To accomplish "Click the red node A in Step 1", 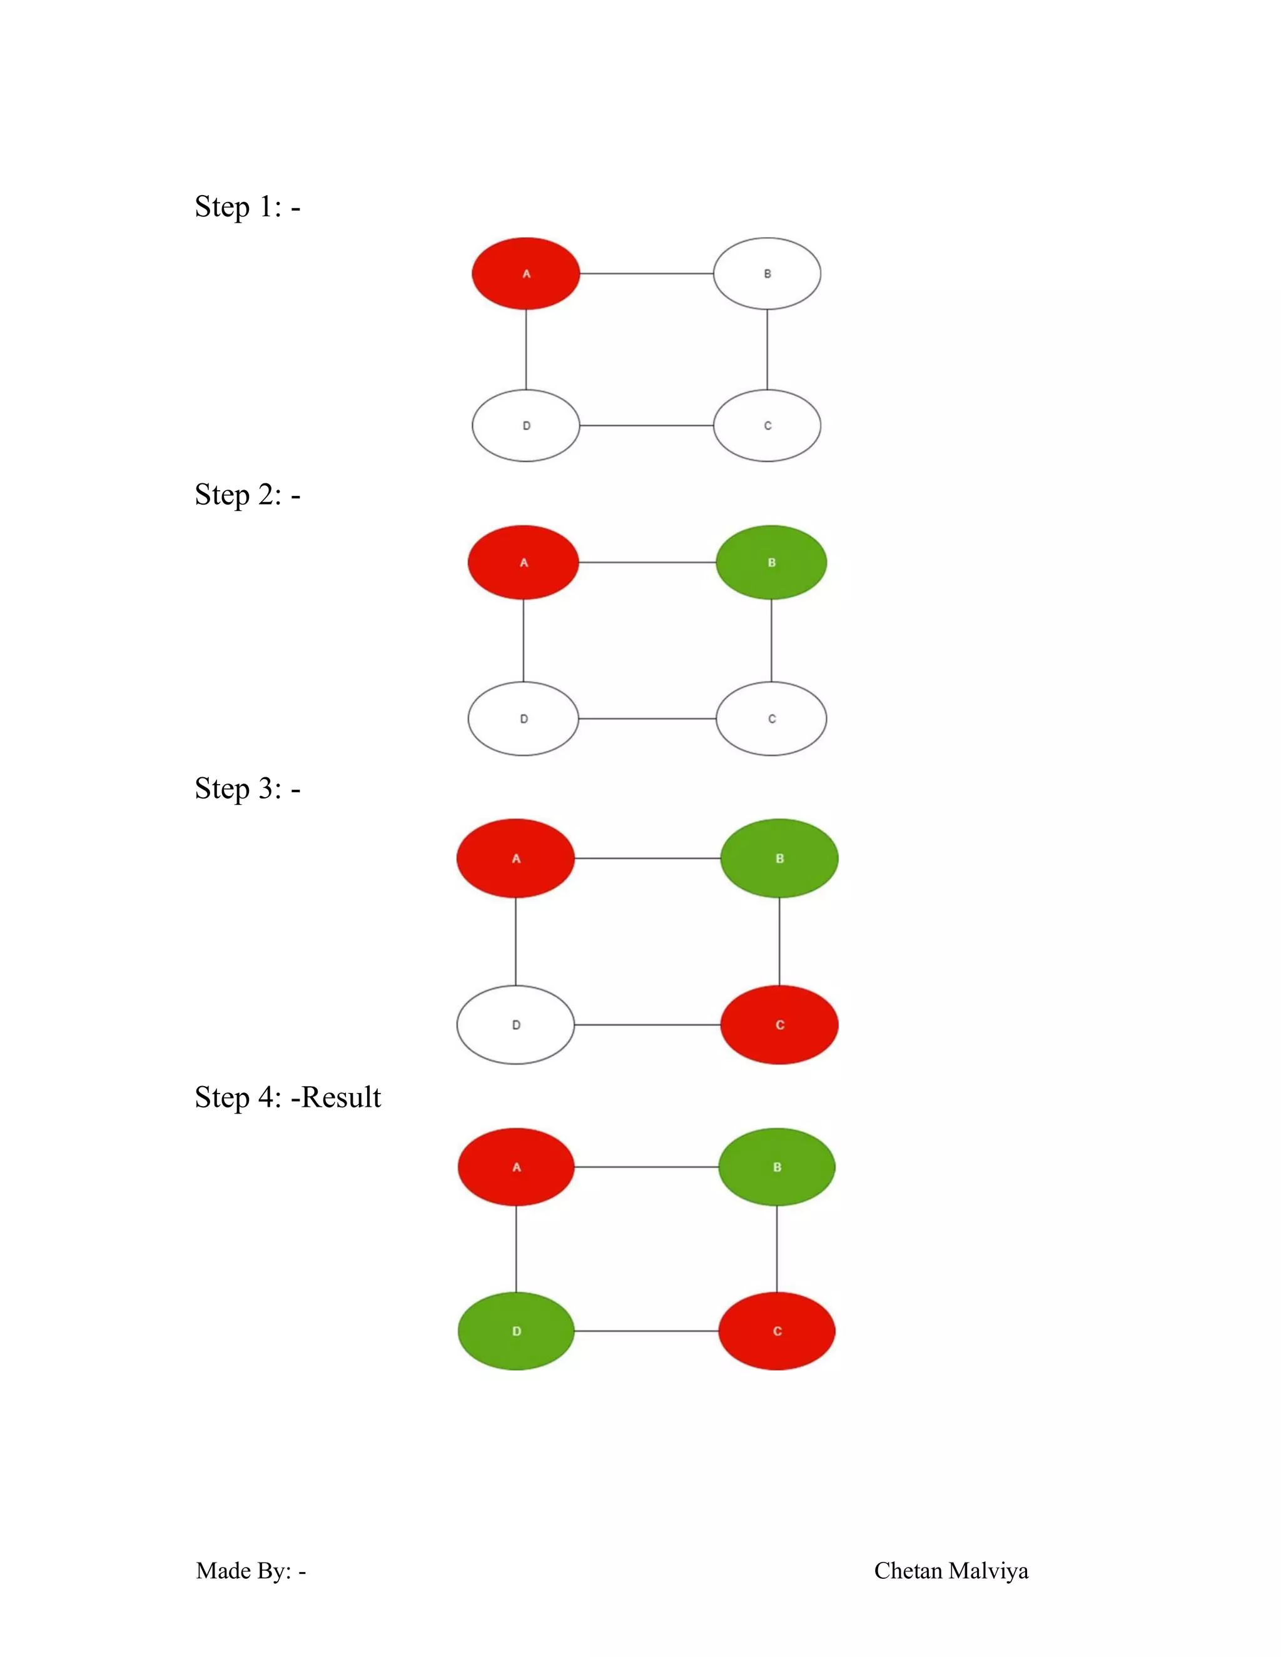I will [x=525, y=273].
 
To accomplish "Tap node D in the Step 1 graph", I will [x=525, y=426].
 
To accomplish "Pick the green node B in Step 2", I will [x=771, y=562].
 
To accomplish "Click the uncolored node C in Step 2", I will [x=771, y=718].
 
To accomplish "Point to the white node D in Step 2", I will [x=523, y=718].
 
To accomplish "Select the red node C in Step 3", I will [x=779, y=1025].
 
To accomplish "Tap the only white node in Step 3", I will [x=515, y=1025].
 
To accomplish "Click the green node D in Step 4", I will [x=516, y=1331].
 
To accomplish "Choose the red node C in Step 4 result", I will [x=776, y=1331].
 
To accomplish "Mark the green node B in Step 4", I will [x=776, y=1167].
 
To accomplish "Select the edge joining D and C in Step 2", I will [x=647, y=718].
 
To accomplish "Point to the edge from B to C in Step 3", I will [x=779, y=941].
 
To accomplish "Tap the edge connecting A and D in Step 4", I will [x=516, y=1249].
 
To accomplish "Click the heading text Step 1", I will [x=246, y=206].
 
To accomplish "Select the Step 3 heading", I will [x=246, y=788].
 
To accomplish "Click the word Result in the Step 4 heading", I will [x=341, y=1097].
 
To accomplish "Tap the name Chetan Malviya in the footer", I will [x=951, y=1571].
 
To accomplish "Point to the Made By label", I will [x=250, y=1571].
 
